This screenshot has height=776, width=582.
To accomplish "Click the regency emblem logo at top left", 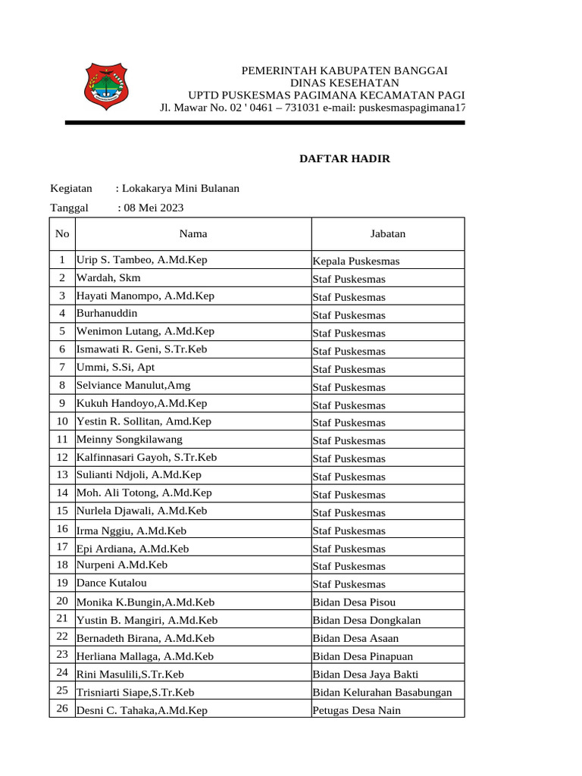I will click(105, 86).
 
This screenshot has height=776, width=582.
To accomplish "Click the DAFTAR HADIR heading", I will click(345, 158).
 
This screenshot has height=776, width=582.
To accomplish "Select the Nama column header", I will click(193, 233).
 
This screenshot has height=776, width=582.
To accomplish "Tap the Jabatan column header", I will click(387, 233).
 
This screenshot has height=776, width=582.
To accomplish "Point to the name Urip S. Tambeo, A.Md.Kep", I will click(142, 260).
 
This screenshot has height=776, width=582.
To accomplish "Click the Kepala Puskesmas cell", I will click(356, 261).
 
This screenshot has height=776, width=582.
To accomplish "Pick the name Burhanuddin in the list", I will click(107, 313).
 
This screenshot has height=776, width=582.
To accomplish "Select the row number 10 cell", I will click(62, 421).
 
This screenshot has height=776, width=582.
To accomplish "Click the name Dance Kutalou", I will click(112, 583).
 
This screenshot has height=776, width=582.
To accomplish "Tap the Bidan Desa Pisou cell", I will click(354, 602).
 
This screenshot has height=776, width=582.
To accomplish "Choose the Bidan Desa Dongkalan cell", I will click(367, 621).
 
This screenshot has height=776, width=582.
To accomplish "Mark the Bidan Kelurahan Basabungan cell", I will click(382, 693).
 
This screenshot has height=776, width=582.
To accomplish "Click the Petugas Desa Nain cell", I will click(356, 711).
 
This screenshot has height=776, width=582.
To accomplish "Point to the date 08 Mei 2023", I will click(151, 208).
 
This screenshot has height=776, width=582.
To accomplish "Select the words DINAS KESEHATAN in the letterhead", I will click(345, 82).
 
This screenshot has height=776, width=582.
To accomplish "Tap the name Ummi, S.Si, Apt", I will click(115, 367).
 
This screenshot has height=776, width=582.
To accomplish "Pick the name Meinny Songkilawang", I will click(130, 439).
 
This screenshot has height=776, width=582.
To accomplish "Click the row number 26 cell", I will click(62, 709).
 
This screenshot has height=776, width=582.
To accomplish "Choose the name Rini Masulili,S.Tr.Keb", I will click(130, 674).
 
